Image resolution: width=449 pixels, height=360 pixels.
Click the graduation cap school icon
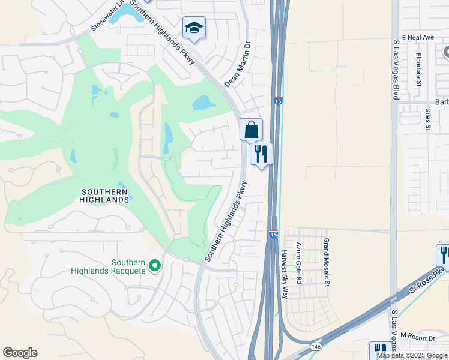[194, 28]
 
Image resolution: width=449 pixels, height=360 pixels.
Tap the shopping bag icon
[251, 129]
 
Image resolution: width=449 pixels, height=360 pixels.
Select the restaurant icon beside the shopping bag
[261, 154]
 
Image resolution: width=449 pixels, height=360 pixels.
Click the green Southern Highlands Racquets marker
[154, 265]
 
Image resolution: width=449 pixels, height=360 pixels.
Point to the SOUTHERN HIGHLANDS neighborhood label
[104, 196]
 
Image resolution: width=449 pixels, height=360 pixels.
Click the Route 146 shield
[316, 346]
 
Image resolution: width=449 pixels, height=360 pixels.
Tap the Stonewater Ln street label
[110, 16]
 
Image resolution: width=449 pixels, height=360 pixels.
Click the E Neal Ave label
[418, 37]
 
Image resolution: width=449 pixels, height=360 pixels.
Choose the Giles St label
[428, 119]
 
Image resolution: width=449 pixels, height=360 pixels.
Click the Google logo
[20, 353]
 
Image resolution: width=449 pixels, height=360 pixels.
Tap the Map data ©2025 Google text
[412, 355]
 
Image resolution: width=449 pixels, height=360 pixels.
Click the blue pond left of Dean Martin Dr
[205, 103]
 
